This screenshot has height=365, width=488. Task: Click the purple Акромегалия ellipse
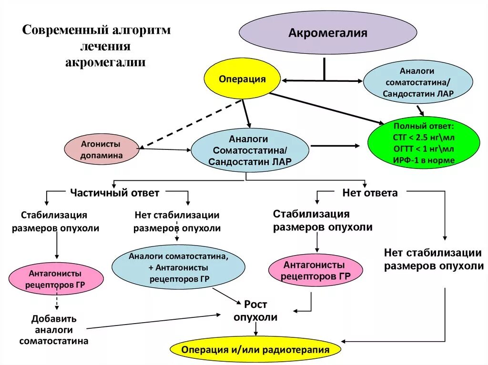pyautogui.click(x=328, y=33)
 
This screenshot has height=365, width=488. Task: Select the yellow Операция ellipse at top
pyautogui.click(x=242, y=79)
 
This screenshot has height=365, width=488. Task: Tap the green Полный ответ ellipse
pyautogui.click(x=424, y=143)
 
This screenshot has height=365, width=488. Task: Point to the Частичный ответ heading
pyautogui.click(x=114, y=193)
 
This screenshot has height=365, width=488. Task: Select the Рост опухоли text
pyautogui.click(x=255, y=311)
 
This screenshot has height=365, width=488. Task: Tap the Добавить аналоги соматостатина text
pyautogui.click(x=54, y=330)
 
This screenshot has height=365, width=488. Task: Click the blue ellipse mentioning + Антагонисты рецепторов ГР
pyautogui.click(x=178, y=267)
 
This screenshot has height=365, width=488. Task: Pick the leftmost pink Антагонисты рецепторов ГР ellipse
pyautogui.click(x=55, y=279)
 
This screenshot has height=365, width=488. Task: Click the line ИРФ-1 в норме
pyautogui.click(x=424, y=160)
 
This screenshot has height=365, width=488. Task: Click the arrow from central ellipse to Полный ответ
pyautogui.click(x=336, y=146)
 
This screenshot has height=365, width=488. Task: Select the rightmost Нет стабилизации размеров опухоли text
pyautogui.click(x=434, y=259)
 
